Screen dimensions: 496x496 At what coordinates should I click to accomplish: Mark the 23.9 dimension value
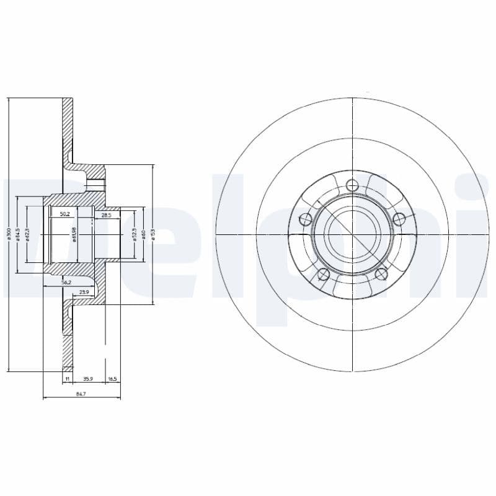pos(84,291)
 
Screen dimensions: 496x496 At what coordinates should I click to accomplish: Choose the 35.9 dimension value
pos(88,377)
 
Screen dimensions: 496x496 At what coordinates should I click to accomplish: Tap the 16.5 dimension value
pos(112,377)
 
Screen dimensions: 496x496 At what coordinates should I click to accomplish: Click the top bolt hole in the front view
pos(352,185)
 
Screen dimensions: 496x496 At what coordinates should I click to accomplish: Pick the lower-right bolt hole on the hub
pos(381,275)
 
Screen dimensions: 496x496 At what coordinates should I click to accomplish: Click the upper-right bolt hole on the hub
pos(399,218)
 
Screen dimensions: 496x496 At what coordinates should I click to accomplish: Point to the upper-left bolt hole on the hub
pos(305,218)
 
